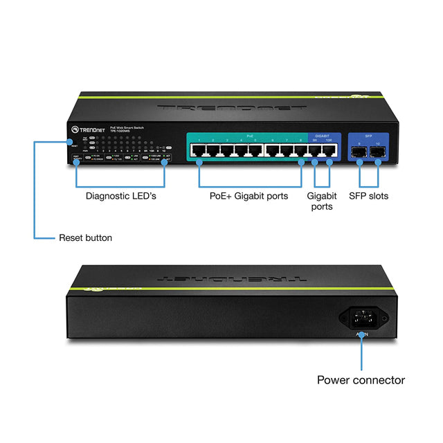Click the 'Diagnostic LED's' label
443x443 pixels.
pos(121,196)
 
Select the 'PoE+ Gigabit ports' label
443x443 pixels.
pos(248,196)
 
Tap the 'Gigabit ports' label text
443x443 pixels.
pos(320,201)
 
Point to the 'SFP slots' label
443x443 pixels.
pos(368,196)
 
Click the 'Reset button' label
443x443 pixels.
pos(85,238)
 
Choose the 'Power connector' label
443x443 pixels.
pos(361,380)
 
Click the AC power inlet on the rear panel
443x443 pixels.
pos(362,318)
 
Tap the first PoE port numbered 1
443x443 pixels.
pos(199,150)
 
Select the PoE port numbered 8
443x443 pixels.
pos(301,150)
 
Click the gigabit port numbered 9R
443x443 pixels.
pos(316,150)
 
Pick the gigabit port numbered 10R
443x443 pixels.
pos(329,150)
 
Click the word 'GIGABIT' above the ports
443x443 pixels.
pos(322,136)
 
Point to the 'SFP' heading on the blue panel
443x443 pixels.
pos(368,136)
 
